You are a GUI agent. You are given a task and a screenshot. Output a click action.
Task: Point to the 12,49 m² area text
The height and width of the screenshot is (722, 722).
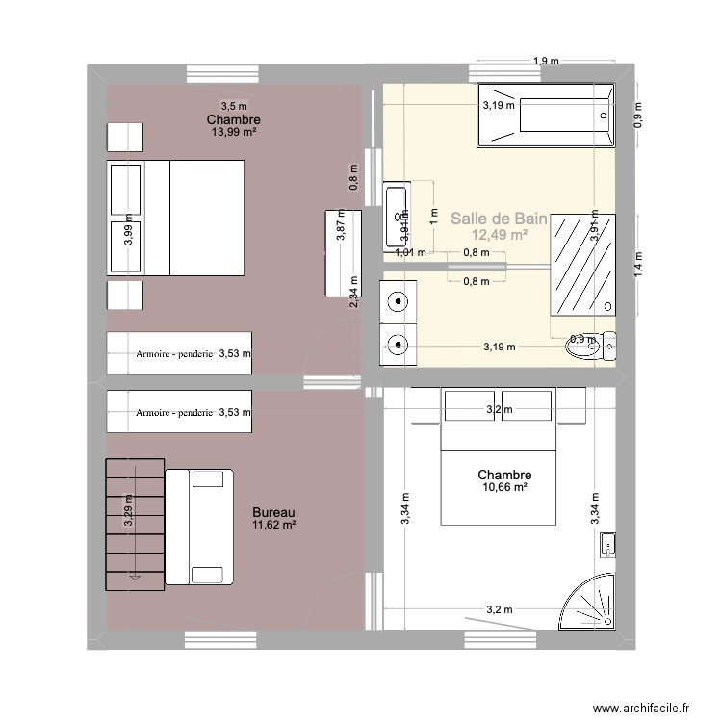(x=499, y=235)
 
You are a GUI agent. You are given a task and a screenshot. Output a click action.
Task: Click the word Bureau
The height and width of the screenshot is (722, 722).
(x=273, y=512)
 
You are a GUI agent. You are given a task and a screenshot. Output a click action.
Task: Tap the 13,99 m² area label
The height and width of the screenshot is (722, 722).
(x=234, y=132)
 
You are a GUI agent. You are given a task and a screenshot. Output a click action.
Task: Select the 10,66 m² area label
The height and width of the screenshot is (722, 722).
(x=504, y=488)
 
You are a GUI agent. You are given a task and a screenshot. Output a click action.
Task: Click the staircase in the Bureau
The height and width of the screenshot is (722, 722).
(x=134, y=521)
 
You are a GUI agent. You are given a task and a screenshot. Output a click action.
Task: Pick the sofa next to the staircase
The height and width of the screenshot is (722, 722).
(x=200, y=527)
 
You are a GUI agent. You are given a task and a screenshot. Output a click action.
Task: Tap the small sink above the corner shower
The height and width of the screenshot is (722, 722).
(x=607, y=546)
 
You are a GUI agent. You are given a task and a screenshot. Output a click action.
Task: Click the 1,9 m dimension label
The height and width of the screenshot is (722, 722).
(x=546, y=63)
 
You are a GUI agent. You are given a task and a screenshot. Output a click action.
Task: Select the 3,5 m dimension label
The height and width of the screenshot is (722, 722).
(x=234, y=106)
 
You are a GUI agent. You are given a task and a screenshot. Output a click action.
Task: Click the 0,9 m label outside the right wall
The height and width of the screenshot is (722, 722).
(x=637, y=114)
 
